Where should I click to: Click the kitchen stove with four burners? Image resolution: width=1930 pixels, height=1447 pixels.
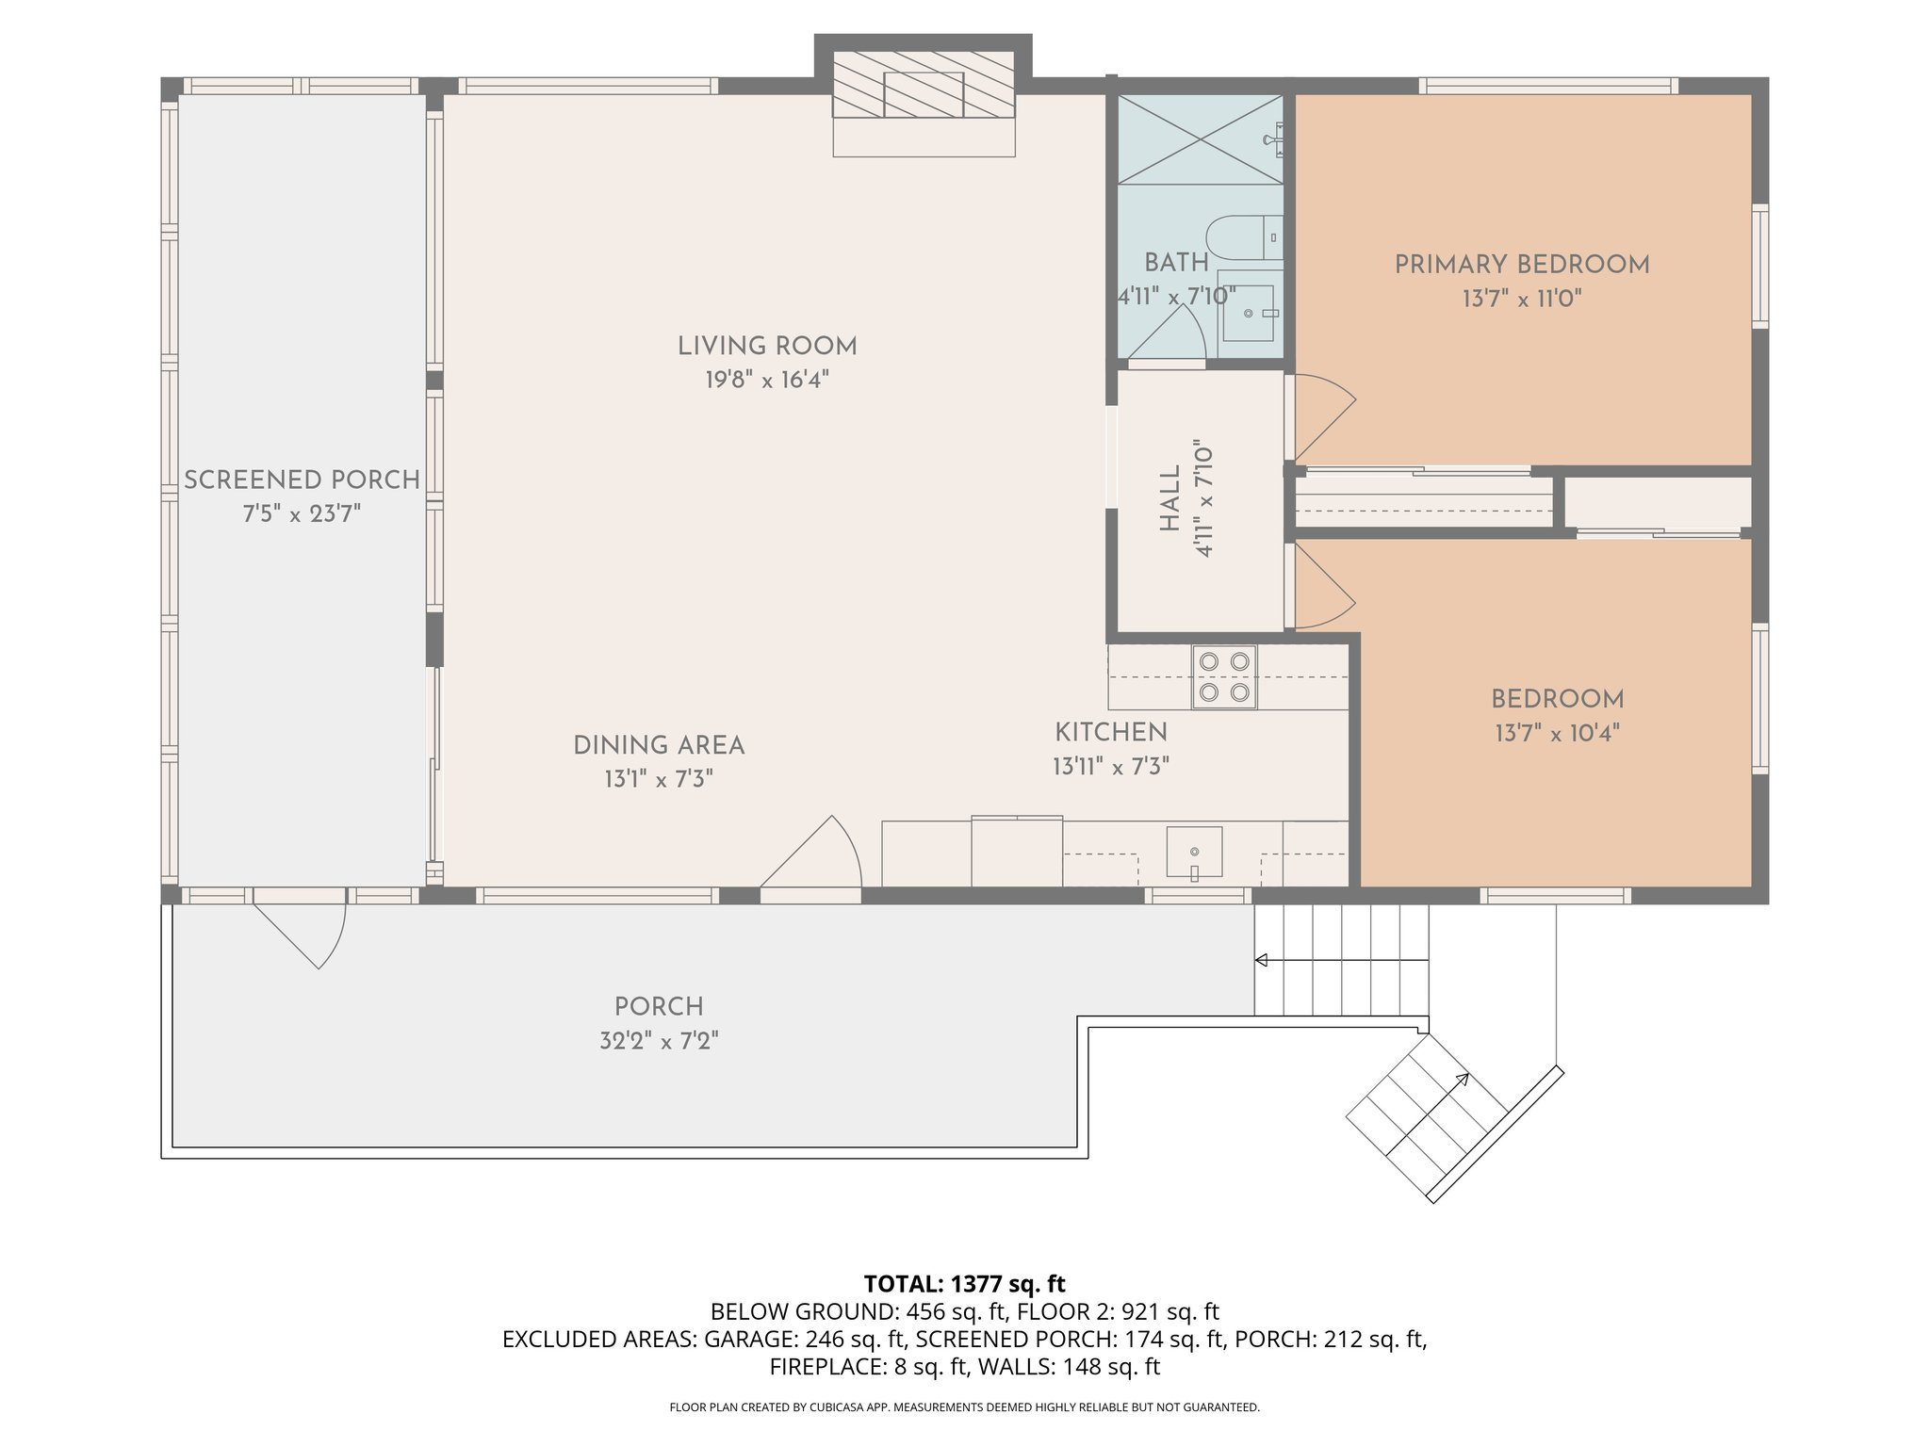(1224, 677)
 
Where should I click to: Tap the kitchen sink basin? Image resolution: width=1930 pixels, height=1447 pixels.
(1194, 854)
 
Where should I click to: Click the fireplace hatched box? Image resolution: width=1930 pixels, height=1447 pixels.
(924, 95)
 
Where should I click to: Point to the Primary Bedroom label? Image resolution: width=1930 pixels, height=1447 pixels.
(1522, 265)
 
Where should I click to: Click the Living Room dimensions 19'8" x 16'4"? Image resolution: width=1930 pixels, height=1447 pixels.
(767, 380)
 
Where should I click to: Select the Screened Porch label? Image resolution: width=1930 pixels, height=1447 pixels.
(302, 480)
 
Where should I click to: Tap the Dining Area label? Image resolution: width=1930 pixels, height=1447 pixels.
(659, 745)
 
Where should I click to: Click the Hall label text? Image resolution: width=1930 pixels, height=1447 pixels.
(1169, 498)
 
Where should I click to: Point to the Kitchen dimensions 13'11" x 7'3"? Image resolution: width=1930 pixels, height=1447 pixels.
(1111, 767)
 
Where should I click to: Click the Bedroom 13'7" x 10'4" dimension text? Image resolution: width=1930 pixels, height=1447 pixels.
(1557, 733)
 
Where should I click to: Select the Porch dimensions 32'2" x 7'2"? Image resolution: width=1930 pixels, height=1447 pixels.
(659, 1041)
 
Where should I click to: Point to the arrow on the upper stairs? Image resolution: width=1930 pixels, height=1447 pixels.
(1341, 960)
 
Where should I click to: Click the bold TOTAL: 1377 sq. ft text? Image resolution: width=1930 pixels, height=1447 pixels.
(964, 1283)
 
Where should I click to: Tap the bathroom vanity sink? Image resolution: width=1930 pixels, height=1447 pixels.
(1249, 313)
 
